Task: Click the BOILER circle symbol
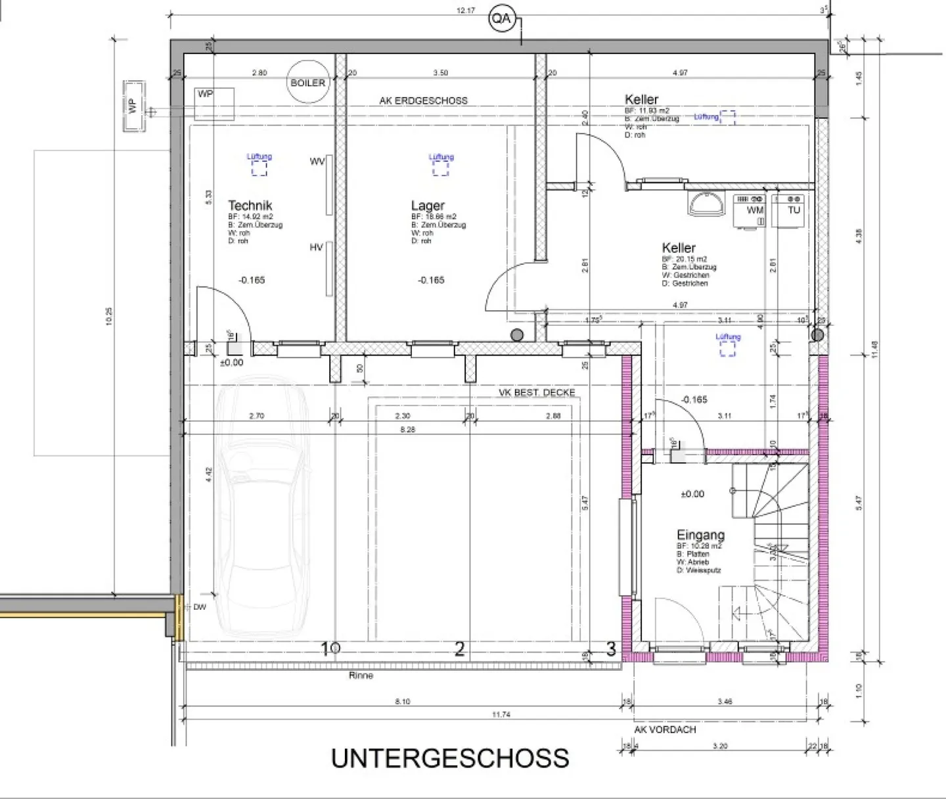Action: [x=308, y=83]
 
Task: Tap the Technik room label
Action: [x=250, y=206]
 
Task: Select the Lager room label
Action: [x=428, y=206]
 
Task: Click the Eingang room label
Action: [x=700, y=535]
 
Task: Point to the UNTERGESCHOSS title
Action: [x=450, y=758]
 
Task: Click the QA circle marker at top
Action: [x=501, y=19]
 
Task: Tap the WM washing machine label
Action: [x=755, y=210]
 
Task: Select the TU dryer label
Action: [x=794, y=210]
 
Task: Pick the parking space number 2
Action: [x=460, y=649]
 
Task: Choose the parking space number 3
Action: [x=611, y=649]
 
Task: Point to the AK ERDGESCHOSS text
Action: [x=423, y=101]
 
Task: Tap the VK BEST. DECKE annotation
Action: [x=537, y=392]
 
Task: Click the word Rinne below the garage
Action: [x=361, y=675]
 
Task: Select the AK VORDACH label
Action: [x=665, y=729]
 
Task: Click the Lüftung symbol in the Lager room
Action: [x=441, y=167]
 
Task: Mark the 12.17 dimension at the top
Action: [x=465, y=11]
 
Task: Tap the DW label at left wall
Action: [x=200, y=607]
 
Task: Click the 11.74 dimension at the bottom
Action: [x=501, y=714]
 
